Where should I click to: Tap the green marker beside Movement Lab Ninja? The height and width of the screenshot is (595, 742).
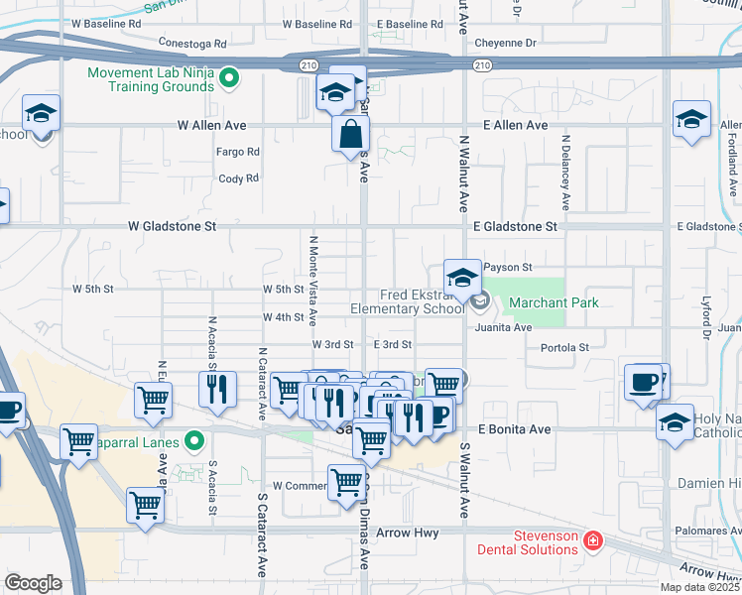[x=229, y=76]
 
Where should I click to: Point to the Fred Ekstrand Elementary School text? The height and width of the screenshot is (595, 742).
[x=407, y=301]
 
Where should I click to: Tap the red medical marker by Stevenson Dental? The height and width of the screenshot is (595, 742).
[x=592, y=540]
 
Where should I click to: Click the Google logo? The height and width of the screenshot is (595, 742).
[x=33, y=582]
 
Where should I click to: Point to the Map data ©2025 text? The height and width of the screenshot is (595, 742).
[x=698, y=587]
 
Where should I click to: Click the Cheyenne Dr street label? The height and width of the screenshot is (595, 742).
[x=505, y=44]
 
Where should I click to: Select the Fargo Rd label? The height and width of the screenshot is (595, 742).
[x=238, y=152]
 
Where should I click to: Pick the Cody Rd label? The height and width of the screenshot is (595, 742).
[x=238, y=178]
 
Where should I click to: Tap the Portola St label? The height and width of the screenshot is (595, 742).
[x=564, y=347]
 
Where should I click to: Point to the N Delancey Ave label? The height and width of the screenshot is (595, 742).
[x=564, y=173]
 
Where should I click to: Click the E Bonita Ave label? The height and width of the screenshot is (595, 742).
[x=514, y=429]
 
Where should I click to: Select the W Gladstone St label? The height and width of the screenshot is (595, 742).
[x=172, y=227]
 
